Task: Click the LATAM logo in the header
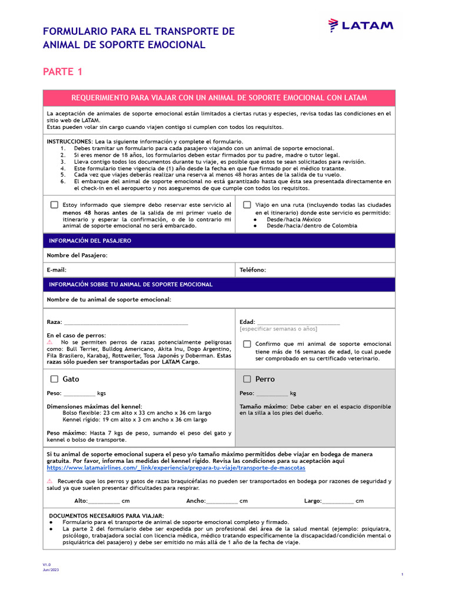361,25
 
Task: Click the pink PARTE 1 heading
62,72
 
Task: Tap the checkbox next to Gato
54,379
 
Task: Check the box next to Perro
247,379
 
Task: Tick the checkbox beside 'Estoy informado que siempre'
54,204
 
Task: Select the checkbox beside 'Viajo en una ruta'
247,204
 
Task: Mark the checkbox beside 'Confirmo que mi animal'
247,344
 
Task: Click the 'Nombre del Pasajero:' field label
77,256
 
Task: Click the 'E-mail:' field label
56,270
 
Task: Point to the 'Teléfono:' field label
252,270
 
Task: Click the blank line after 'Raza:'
125,323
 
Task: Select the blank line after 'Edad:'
298,322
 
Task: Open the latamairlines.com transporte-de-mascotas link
176,468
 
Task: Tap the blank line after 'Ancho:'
222,501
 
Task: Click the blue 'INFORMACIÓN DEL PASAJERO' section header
90,241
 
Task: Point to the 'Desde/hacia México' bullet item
294,219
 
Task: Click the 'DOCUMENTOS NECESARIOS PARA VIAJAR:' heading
106,515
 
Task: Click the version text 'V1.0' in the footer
46,564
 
